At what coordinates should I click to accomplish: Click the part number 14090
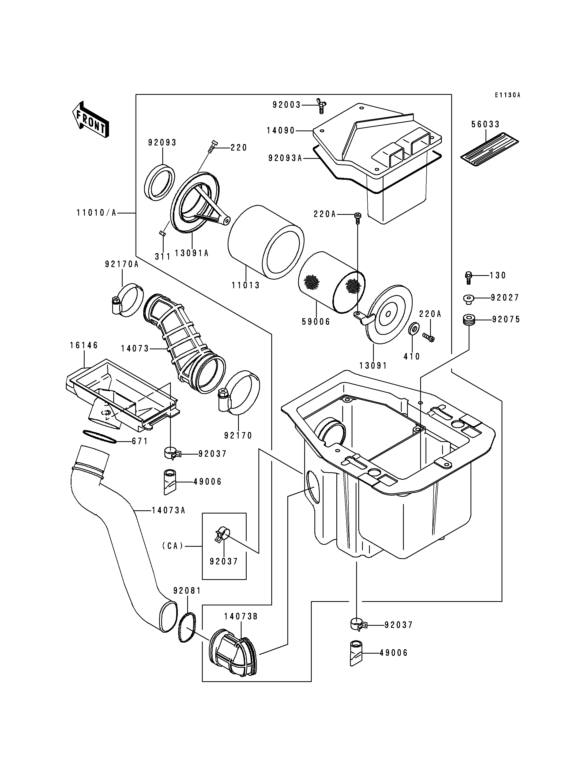point(281,131)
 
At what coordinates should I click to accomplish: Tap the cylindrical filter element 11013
point(266,242)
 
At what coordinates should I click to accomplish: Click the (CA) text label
point(173,546)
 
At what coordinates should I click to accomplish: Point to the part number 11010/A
point(96,213)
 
